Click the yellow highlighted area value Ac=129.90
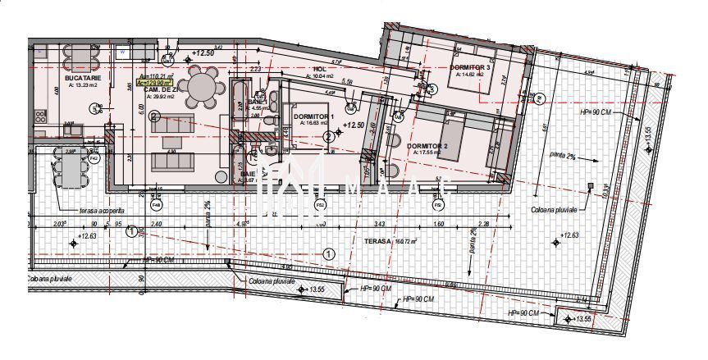[153, 82]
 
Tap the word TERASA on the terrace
[379, 241]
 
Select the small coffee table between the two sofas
[171, 143]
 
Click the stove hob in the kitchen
[39, 116]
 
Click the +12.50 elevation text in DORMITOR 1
[354, 125]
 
